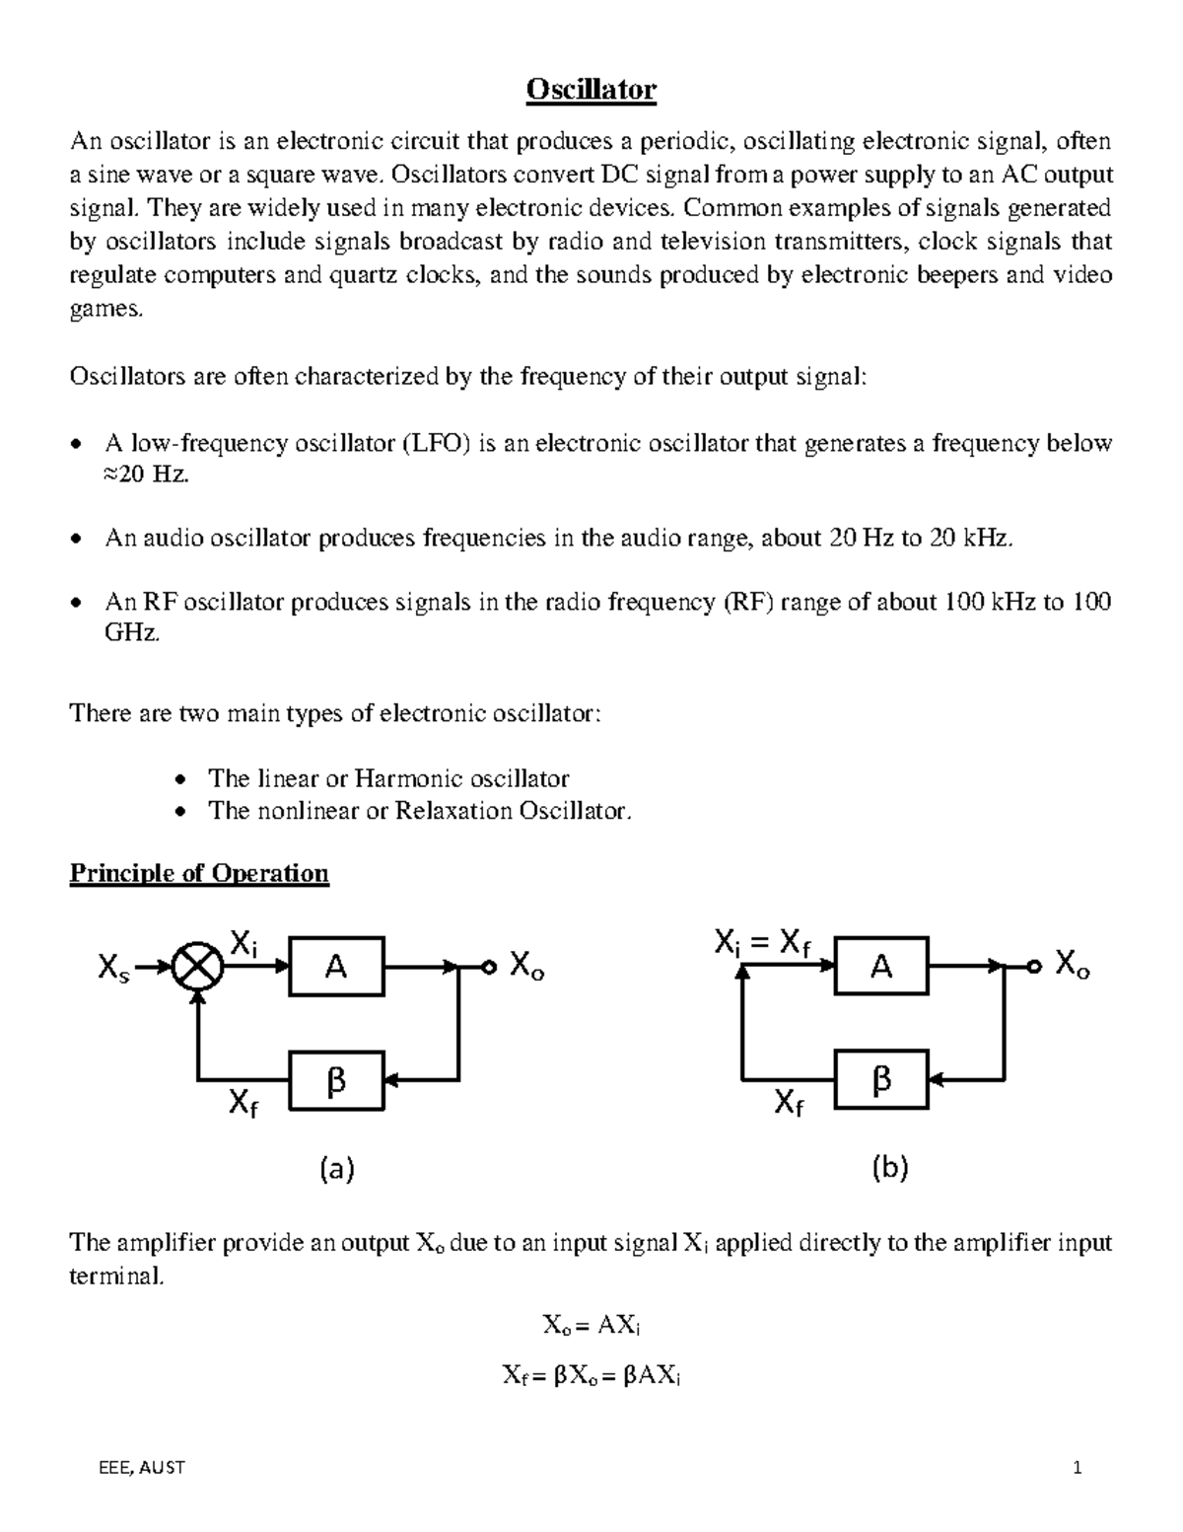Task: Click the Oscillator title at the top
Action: [591, 91]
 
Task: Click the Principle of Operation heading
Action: [198, 874]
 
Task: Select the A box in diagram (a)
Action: [336, 968]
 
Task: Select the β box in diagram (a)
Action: [336, 1080]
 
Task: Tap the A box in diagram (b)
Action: [881, 967]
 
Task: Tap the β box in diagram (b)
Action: [881, 1080]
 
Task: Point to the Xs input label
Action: [113, 971]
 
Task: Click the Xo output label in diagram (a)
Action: [525, 967]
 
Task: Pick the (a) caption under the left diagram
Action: [336, 1170]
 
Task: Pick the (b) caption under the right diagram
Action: [890, 1170]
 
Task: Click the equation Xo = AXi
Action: [591, 1326]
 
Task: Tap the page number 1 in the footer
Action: [1078, 1468]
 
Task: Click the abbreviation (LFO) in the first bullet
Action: [439, 444]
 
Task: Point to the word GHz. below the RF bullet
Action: [131, 634]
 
